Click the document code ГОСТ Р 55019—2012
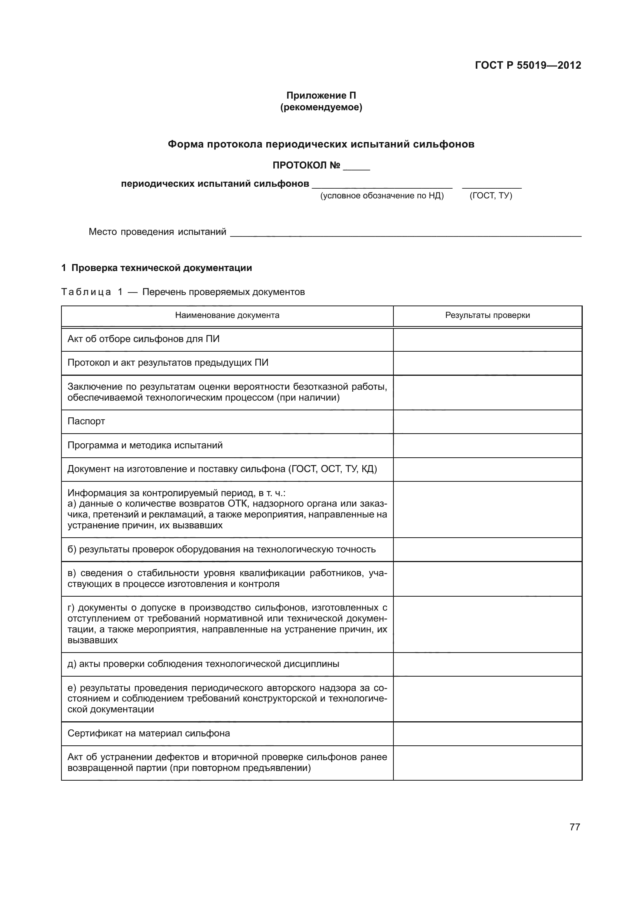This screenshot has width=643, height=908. (x=528, y=66)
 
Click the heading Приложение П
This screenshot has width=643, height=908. (x=321, y=95)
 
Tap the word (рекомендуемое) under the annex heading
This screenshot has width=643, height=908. (x=321, y=107)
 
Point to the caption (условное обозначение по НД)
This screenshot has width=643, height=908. (x=382, y=196)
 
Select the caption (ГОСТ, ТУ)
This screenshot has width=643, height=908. (x=491, y=196)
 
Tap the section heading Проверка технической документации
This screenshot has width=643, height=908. (x=162, y=268)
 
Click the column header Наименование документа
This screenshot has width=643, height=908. (x=227, y=315)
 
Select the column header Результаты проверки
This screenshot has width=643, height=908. (x=487, y=315)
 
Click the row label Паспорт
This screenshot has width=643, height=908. (x=86, y=421)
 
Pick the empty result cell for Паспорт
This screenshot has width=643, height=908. (x=487, y=422)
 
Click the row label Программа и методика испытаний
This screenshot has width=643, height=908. (x=145, y=445)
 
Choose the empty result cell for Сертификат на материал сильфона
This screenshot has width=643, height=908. (x=487, y=734)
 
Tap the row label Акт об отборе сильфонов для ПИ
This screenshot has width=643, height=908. (x=143, y=339)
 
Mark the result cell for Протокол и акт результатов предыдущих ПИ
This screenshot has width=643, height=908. (x=487, y=363)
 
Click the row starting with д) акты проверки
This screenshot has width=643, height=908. (x=203, y=664)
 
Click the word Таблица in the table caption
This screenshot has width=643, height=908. (x=86, y=292)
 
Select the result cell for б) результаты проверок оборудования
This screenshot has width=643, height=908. (x=487, y=549)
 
